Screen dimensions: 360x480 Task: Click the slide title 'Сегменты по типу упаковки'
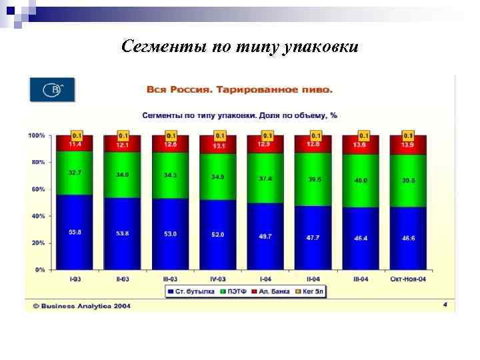[240, 47]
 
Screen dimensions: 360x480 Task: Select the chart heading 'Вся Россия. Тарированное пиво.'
[239, 89]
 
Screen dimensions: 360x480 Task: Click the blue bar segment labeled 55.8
[75, 232]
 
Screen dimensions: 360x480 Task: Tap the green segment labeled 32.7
[75, 173]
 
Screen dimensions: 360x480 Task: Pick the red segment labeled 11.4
[75, 144]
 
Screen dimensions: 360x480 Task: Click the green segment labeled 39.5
[313, 179]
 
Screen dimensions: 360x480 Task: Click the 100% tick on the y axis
[37, 135]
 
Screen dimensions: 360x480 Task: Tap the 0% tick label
[39, 270]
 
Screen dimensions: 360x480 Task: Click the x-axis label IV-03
[218, 279]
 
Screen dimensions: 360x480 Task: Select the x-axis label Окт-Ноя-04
[409, 279]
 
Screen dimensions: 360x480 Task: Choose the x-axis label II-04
[313, 279]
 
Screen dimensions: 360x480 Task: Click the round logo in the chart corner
[51, 89]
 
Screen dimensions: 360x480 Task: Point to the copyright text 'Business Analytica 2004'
[81, 306]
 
